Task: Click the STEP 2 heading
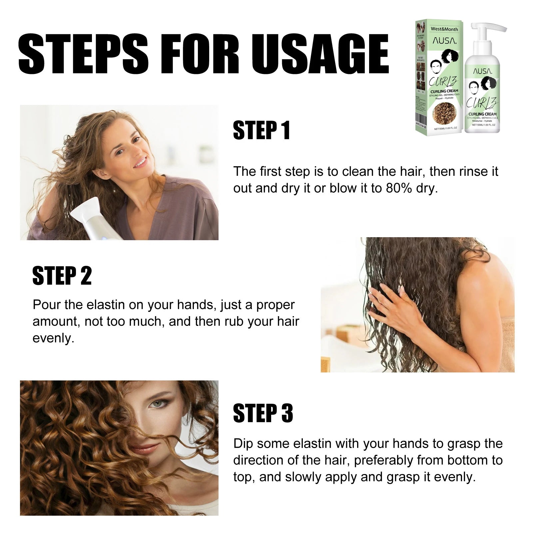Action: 62,276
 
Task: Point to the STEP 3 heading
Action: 263,413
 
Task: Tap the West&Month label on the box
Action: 444,29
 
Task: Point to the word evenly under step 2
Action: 53,338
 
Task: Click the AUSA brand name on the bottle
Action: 483,71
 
